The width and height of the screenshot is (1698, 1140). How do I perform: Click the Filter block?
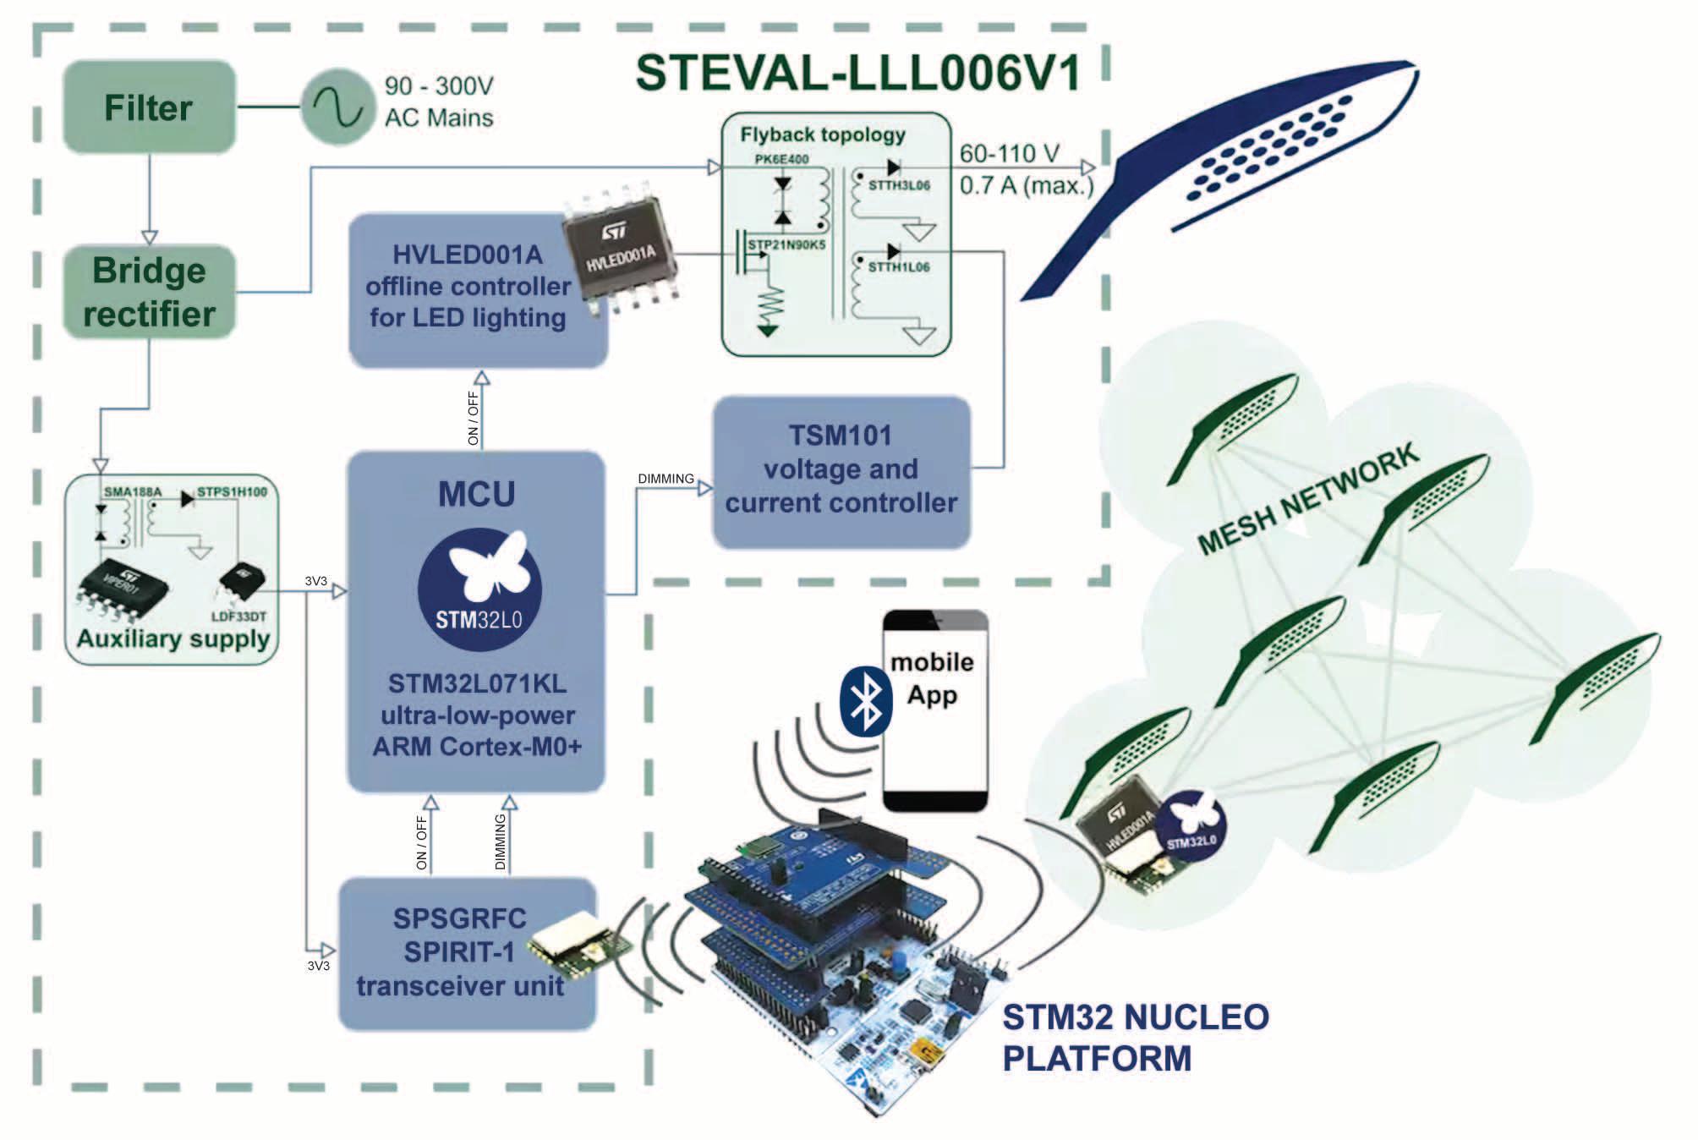tap(149, 107)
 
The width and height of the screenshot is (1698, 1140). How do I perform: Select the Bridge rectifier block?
tap(149, 292)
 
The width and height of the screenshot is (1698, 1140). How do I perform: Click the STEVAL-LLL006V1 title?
tap(857, 73)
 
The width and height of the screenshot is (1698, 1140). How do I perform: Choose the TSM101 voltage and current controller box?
tap(841, 470)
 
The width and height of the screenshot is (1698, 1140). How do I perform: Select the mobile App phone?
tap(934, 710)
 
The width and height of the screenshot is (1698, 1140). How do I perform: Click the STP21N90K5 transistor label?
tap(786, 245)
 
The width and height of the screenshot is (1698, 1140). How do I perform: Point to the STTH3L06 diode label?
tap(899, 185)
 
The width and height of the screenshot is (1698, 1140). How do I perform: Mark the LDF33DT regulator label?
tap(238, 617)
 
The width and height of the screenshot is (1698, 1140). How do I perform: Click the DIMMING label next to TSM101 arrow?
tap(666, 479)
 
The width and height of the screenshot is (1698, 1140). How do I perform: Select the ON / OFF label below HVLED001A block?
tap(473, 418)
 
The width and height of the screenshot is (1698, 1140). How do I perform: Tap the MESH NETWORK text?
tap(1308, 499)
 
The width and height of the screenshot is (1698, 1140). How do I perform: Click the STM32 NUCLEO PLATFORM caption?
tap(1135, 1037)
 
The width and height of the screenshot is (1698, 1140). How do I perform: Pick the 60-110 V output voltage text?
tap(1009, 154)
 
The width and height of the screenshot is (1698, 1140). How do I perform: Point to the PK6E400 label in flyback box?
tap(781, 159)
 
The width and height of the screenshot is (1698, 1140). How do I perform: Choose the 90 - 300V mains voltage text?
tap(438, 85)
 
